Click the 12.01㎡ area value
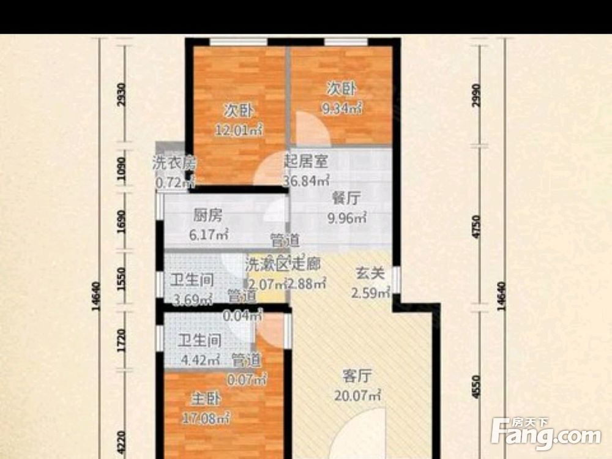pyautogui.click(x=239, y=130)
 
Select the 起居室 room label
pyautogui.click(x=306, y=162)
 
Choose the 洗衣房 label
pyautogui.click(x=173, y=163)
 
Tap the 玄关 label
pyautogui.click(x=370, y=274)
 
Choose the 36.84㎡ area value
pyautogui.click(x=306, y=181)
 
